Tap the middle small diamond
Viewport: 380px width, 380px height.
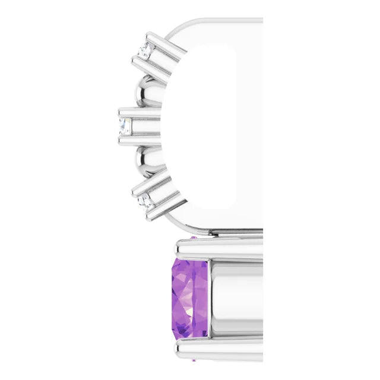click(125, 125)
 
